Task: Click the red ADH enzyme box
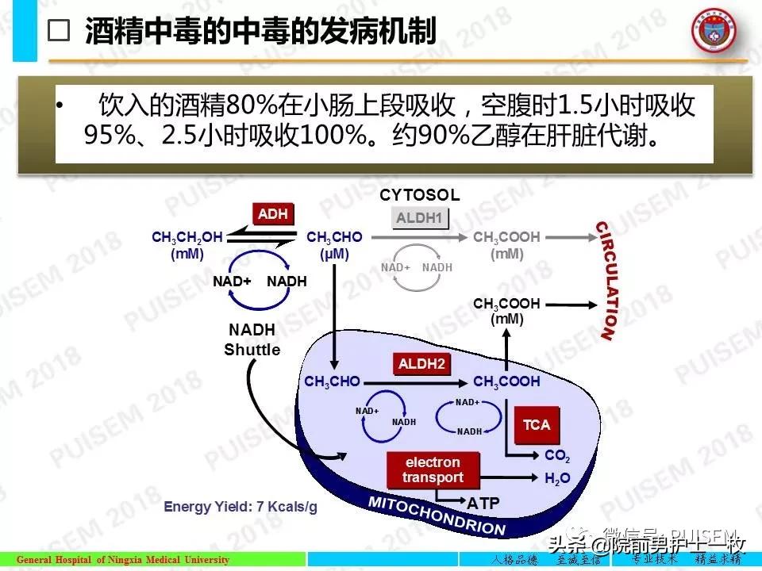(273, 213)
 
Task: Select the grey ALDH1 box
(421, 218)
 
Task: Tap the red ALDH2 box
(421, 364)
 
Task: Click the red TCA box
(537, 425)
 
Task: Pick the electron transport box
(433, 469)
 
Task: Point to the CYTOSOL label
(419, 195)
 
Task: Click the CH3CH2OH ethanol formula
(187, 237)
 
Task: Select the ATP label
(483, 504)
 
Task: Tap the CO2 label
(557, 456)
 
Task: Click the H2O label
(557, 478)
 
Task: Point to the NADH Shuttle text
(252, 340)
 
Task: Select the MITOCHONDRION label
(437, 516)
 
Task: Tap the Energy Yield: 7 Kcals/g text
(240, 507)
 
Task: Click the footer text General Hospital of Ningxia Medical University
(123, 560)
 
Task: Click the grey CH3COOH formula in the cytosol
(506, 237)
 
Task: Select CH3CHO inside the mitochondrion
(332, 381)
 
